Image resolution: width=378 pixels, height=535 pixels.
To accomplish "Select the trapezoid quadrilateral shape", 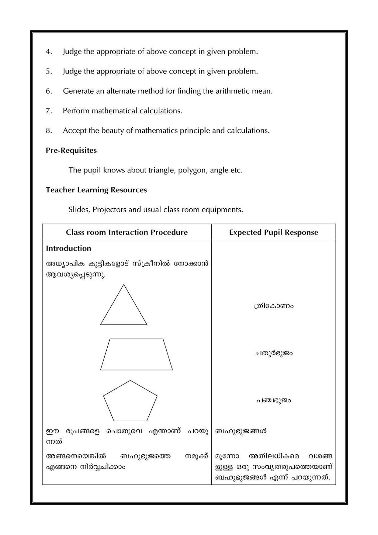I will [136, 355].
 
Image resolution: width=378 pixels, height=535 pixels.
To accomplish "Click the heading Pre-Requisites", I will [71, 150].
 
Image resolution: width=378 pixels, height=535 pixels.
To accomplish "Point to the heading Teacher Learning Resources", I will [96, 190].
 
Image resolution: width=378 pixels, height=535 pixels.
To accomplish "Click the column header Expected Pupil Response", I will [273, 232].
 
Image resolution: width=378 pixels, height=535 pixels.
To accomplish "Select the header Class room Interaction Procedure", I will [127, 232].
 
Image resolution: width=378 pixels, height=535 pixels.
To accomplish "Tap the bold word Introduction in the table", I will [69, 248].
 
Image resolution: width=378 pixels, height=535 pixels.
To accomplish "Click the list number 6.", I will [49, 91].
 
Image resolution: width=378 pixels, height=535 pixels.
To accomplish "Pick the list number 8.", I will [49, 131].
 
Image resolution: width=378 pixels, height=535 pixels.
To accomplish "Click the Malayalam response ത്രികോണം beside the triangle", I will [273, 306].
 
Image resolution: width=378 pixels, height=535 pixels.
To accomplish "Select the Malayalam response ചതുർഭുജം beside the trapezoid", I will [273, 353].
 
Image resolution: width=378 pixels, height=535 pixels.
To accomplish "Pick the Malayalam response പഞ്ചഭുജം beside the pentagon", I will [273, 401].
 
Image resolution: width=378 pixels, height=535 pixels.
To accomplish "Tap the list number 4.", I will [49, 52].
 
